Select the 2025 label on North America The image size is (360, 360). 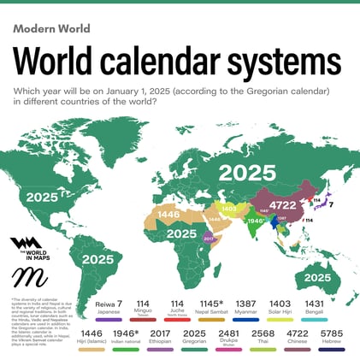click(43, 196)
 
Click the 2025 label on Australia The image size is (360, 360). click(317, 277)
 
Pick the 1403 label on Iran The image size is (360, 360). click(228, 208)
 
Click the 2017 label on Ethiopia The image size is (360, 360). click(209, 239)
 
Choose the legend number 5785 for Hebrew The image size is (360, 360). click(331, 333)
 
